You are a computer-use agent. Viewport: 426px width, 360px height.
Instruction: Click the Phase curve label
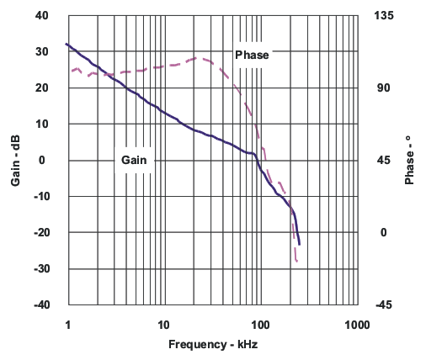coord(252,56)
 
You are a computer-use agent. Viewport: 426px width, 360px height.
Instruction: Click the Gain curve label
coord(135,159)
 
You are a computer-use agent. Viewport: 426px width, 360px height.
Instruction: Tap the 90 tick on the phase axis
coord(379,88)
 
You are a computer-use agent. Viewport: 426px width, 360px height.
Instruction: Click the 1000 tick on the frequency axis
coord(357,324)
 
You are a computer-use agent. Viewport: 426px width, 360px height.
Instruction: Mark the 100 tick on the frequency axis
coord(260,324)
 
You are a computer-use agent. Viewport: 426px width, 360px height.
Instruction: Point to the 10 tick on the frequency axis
coord(163,324)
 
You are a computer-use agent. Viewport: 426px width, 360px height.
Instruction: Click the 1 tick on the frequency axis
coord(67,324)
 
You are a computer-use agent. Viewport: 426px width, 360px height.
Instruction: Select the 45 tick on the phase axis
coord(379,161)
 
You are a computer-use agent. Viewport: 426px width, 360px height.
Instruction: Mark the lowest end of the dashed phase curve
coord(297,262)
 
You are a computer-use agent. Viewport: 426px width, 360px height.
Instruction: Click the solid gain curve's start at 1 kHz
coord(67,44)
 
